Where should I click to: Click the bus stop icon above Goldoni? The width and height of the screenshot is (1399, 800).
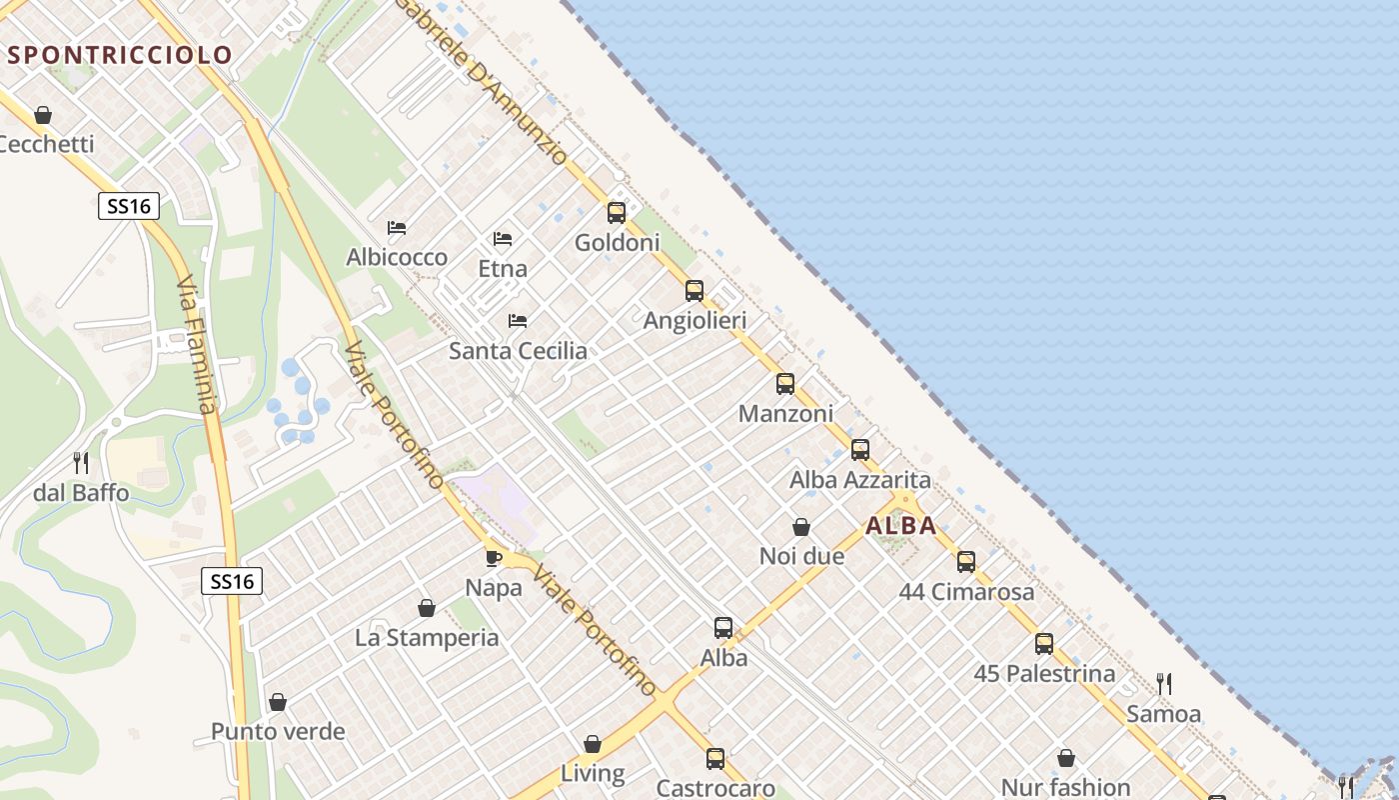pyautogui.click(x=617, y=212)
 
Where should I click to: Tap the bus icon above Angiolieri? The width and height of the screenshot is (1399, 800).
pyautogui.click(x=695, y=291)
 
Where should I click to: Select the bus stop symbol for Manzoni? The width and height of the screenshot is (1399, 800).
pyautogui.click(x=785, y=383)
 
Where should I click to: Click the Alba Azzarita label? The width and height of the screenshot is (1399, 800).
pyautogui.click(x=859, y=480)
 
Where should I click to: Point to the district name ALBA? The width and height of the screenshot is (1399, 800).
pyautogui.click(x=901, y=526)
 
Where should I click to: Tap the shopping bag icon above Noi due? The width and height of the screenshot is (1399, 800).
pyautogui.click(x=801, y=526)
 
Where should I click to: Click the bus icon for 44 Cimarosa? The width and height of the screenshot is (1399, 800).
pyautogui.click(x=966, y=561)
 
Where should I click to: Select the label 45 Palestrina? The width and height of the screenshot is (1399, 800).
pyautogui.click(x=1044, y=674)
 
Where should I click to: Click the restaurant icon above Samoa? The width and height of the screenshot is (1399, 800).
pyautogui.click(x=1164, y=684)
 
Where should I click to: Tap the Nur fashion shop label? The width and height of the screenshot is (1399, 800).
pyautogui.click(x=1065, y=788)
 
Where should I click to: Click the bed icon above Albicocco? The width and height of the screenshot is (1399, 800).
pyautogui.click(x=397, y=228)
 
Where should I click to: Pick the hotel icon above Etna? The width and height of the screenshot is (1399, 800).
pyautogui.click(x=503, y=239)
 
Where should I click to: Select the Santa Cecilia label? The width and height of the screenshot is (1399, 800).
pyautogui.click(x=518, y=351)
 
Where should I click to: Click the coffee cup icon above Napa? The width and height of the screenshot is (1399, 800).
pyautogui.click(x=494, y=557)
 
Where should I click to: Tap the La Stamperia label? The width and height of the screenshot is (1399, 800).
pyautogui.click(x=427, y=638)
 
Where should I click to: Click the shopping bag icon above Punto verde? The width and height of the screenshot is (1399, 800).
pyautogui.click(x=278, y=702)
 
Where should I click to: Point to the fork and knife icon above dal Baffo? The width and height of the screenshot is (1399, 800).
pyautogui.click(x=81, y=462)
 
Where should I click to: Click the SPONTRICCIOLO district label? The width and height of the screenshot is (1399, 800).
pyautogui.click(x=120, y=55)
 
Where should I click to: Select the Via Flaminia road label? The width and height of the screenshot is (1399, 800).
pyautogui.click(x=195, y=346)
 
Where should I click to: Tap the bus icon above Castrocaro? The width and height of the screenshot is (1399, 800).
pyautogui.click(x=715, y=758)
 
